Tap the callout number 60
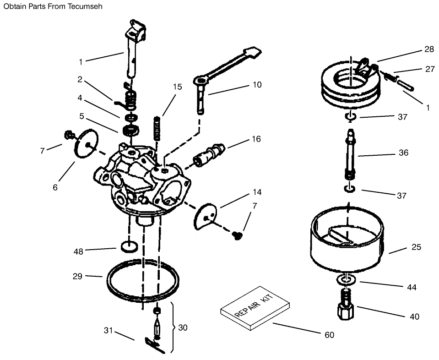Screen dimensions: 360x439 point(329,335)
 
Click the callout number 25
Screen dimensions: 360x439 point(416,247)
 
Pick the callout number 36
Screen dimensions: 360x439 point(403,153)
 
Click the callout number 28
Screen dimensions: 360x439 point(428,49)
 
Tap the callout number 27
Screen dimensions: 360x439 point(429,69)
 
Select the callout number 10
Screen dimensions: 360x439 point(257,84)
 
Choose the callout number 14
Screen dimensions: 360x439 point(257,192)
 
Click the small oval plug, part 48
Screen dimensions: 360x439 point(129,246)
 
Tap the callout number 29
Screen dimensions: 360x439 point(77,276)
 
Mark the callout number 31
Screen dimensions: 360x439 point(108,330)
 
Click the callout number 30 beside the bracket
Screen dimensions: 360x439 point(183,327)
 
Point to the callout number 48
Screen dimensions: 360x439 point(79,251)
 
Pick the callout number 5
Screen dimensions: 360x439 point(81,116)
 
